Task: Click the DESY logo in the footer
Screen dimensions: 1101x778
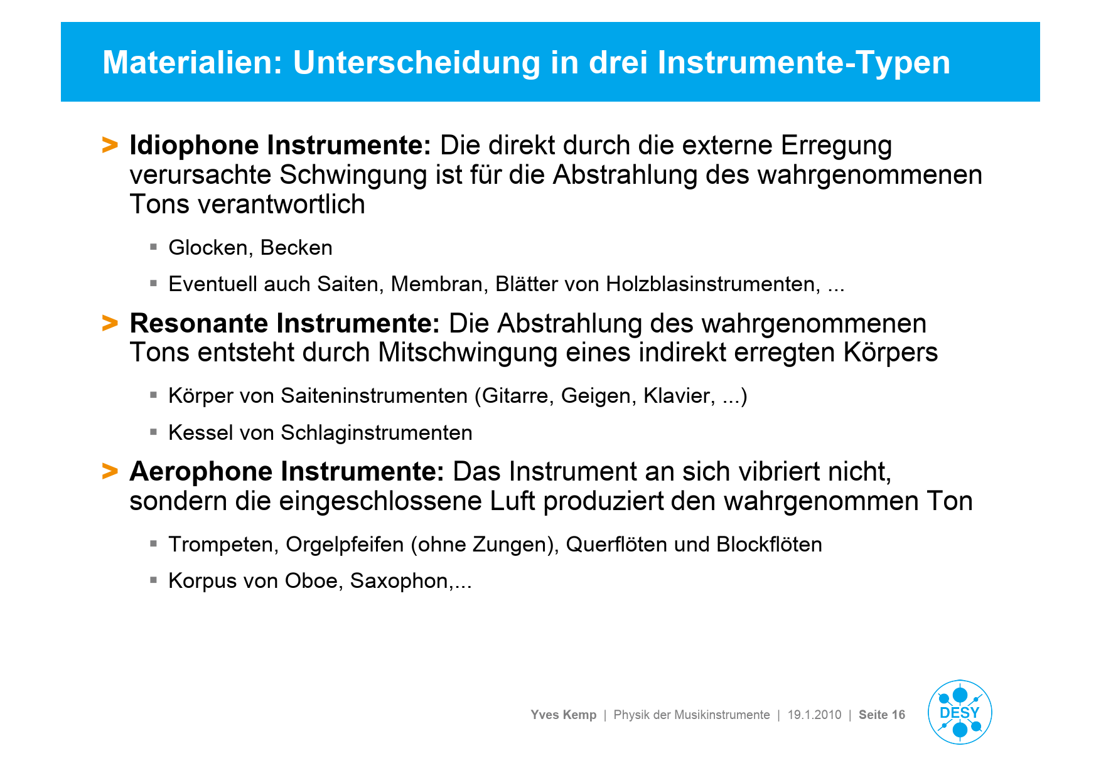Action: coord(960,712)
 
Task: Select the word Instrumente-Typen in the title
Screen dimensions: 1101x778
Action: coord(803,63)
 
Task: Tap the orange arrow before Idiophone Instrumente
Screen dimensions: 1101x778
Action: coord(110,145)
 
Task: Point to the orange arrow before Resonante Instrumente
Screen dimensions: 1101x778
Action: coord(110,323)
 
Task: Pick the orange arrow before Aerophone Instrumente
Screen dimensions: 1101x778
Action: coord(110,471)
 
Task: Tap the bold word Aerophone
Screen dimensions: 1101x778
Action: coord(201,472)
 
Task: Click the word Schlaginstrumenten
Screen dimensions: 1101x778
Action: coord(377,433)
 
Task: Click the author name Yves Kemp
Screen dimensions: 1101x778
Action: coord(564,715)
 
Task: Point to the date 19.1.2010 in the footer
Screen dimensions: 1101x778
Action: coord(815,715)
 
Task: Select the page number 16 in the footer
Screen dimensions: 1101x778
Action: coord(898,715)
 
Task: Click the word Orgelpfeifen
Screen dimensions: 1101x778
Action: coord(345,545)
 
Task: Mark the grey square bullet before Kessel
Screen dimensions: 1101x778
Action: coord(153,432)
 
